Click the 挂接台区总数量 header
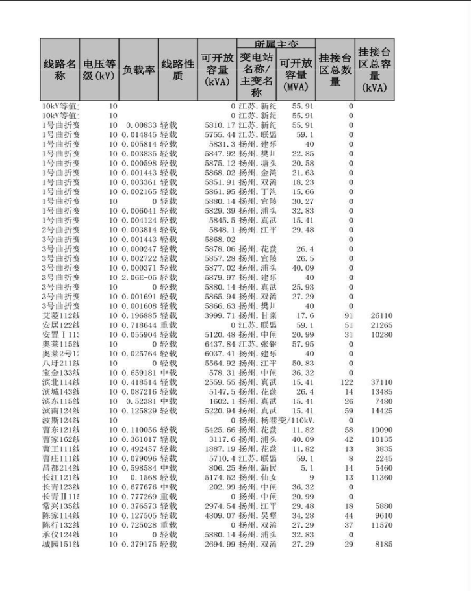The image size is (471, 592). coord(335,69)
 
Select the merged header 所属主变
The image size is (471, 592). coord(276,44)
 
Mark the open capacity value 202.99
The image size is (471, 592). coord(222,487)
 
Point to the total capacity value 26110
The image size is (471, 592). coord(382,316)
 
